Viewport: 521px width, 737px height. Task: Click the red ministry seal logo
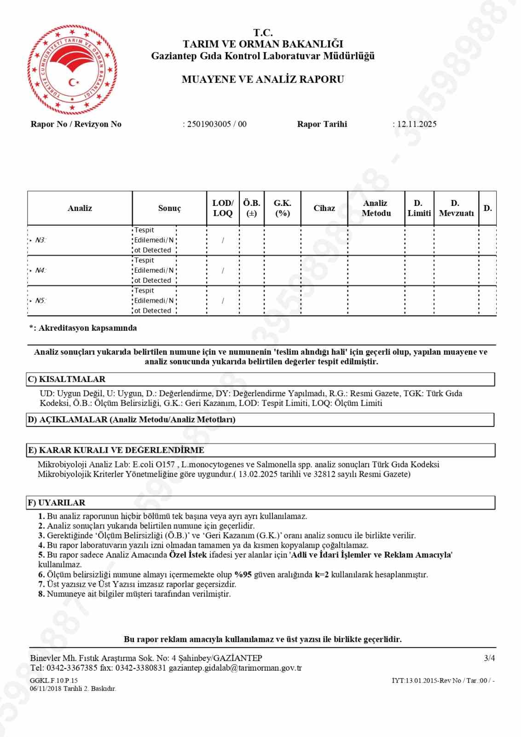point(72,70)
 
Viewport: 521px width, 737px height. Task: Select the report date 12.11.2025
point(417,124)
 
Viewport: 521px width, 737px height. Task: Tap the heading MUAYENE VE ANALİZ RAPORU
point(263,79)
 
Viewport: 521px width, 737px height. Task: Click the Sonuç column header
point(169,208)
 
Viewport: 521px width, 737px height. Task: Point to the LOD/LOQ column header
point(223,208)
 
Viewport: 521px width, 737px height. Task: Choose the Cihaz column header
point(324,208)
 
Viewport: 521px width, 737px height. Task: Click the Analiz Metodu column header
point(376,208)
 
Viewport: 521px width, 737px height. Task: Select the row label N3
point(41,240)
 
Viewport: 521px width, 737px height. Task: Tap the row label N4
point(41,270)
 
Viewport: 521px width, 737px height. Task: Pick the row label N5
point(41,301)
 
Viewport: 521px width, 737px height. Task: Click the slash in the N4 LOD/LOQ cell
point(223,271)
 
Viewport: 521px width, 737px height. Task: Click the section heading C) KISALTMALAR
point(67,379)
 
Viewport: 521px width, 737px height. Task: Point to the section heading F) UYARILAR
point(57,503)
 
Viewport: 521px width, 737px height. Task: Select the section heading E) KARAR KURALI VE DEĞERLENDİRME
point(116,450)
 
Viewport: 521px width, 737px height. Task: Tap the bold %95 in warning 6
point(243,574)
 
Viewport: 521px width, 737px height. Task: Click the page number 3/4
point(489,658)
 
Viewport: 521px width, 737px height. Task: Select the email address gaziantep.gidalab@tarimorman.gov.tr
point(235,668)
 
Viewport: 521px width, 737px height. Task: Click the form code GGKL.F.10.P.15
point(54,680)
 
